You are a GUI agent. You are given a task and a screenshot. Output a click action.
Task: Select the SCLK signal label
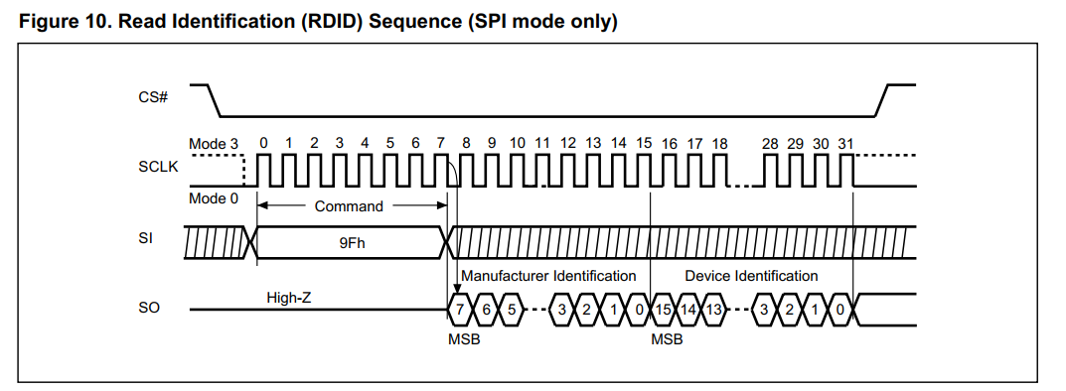click(158, 167)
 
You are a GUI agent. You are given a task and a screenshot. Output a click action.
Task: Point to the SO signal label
click(148, 310)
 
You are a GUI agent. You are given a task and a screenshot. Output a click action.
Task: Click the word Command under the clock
click(349, 206)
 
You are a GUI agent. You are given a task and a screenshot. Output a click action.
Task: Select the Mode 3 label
click(214, 144)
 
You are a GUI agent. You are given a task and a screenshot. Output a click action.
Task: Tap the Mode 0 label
click(214, 198)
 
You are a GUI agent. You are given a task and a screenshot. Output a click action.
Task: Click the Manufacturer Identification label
click(548, 275)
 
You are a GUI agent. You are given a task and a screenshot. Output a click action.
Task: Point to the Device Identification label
click(751, 275)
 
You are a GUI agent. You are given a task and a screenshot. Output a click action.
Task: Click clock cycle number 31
click(845, 144)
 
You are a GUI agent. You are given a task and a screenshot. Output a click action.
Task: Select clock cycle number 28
click(770, 144)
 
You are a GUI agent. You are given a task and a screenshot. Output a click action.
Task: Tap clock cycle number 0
click(263, 144)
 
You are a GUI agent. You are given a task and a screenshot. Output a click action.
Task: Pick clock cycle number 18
click(720, 144)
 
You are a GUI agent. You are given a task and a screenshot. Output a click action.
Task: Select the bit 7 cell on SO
click(460, 310)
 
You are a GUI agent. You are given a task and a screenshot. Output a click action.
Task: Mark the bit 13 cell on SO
click(713, 310)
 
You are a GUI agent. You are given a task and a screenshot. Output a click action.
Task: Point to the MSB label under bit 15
click(666, 339)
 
